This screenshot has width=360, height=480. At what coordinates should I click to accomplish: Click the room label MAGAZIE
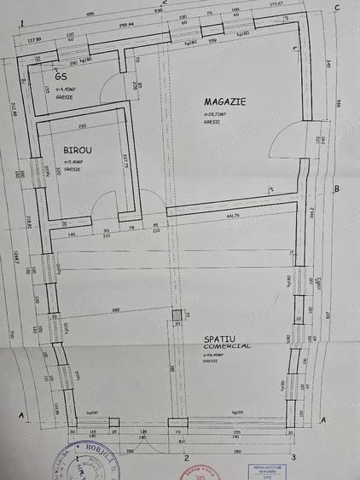pos(226,101)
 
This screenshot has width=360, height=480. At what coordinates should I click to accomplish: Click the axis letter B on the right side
pos(337,189)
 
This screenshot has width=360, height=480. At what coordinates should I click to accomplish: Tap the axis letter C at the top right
pos(338,9)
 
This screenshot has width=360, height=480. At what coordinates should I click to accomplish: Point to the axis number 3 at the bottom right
pos(294,459)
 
